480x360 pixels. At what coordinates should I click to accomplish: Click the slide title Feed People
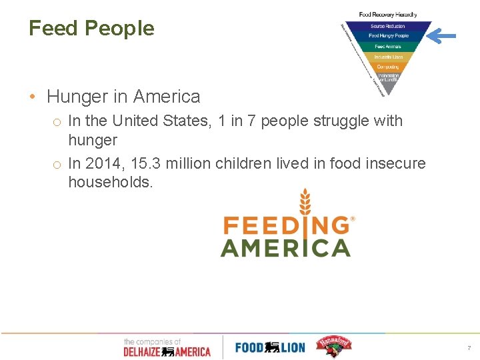click(x=91, y=28)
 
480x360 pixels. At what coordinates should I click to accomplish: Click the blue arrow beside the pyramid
click(x=441, y=35)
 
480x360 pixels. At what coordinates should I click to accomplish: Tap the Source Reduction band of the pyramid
click(x=388, y=26)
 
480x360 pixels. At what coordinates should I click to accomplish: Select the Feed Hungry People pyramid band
click(x=388, y=36)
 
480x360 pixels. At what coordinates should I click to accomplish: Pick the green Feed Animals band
click(x=388, y=47)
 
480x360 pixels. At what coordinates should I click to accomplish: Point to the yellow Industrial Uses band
click(x=388, y=57)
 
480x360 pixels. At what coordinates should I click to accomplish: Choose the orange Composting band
click(x=388, y=67)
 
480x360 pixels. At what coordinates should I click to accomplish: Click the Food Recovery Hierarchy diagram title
click(x=388, y=15)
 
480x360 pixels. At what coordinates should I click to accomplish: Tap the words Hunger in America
click(x=123, y=97)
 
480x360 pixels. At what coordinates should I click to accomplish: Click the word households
click(x=110, y=182)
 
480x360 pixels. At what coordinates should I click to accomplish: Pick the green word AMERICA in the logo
click(x=285, y=248)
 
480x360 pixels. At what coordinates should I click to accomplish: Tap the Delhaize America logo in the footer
click(x=167, y=347)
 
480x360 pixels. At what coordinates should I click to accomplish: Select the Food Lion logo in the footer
click(x=270, y=347)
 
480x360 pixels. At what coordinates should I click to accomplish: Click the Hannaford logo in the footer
click(x=333, y=345)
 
